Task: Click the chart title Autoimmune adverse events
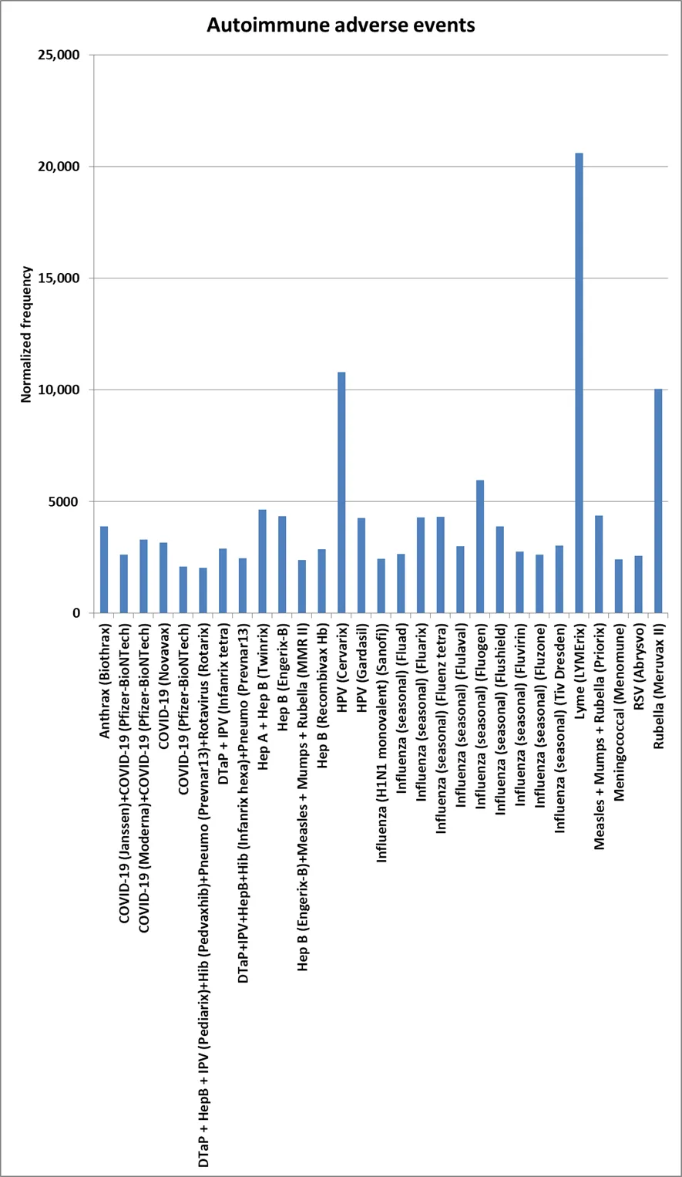point(341,25)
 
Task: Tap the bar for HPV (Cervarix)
point(341,493)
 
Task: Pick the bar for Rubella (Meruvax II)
point(658,501)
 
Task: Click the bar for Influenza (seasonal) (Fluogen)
point(479,547)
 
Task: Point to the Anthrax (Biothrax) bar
point(104,570)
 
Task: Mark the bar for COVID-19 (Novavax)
point(163,578)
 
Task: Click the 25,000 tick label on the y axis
point(59,56)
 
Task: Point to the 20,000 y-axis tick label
point(59,167)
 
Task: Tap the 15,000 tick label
point(59,278)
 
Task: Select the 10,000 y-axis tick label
point(59,390)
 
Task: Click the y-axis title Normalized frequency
point(27,334)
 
